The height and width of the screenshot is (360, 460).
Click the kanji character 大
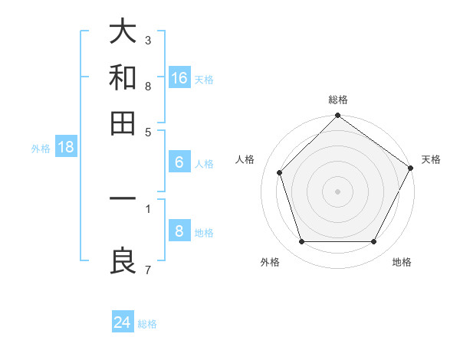coord(123,33)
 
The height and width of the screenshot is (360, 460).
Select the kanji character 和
coord(123,77)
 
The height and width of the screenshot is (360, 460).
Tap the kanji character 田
coord(123,122)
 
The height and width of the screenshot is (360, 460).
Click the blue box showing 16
coord(179,77)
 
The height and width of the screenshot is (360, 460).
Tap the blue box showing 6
coord(179,162)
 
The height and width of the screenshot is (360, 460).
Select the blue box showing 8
coord(179,231)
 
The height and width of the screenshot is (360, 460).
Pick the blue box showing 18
coord(66,148)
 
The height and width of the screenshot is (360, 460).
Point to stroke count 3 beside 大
coord(148,40)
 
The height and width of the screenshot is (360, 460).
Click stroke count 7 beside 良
coord(148,269)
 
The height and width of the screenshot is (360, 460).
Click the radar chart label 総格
coord(338,100)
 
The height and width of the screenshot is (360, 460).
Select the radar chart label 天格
coord(431,159)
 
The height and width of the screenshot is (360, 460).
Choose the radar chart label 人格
coord(245,159)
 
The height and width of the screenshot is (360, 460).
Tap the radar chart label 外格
coord(270,262)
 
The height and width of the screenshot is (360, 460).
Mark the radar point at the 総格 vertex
coord(338,117)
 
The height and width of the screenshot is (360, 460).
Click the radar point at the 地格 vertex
coord(374,242)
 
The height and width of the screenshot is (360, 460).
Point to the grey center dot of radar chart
coord(338,191)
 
